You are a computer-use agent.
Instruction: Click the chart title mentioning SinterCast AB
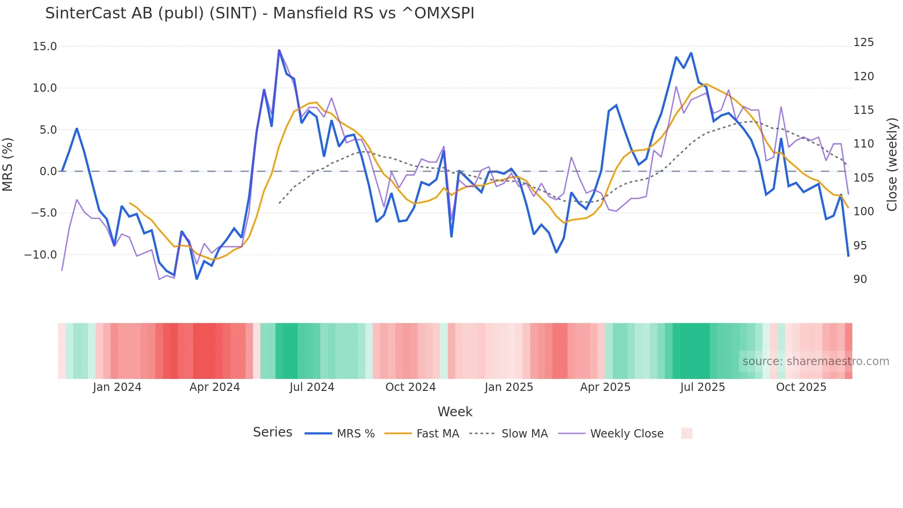(259, 13)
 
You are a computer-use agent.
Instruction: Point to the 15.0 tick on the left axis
(45, 47)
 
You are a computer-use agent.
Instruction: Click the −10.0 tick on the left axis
(41, 255)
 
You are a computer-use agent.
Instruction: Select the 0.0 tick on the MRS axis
(48, 171)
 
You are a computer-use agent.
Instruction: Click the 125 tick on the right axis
(863, 42)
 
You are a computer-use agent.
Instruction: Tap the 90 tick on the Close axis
(860, 279)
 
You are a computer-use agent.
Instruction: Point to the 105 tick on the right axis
(863, 178)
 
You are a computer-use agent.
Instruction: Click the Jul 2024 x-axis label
(312, 387)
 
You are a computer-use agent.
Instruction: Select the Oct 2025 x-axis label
(801, 387)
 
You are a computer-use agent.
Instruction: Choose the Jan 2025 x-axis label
(509, 387)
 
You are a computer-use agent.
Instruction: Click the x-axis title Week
(455, 412)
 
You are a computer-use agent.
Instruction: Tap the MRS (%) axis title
(8, 165)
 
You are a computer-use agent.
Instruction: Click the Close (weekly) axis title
(892, 165)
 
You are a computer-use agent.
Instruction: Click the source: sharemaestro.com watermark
(815, 361)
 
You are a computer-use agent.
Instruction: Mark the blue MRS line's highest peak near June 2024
(279, 50)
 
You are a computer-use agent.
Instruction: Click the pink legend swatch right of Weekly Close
(686, 433)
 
